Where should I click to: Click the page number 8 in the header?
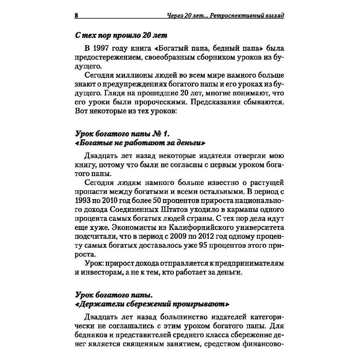tap(76, 16)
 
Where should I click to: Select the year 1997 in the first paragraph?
tap(102, 49)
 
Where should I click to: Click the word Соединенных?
tap(137, 209)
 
